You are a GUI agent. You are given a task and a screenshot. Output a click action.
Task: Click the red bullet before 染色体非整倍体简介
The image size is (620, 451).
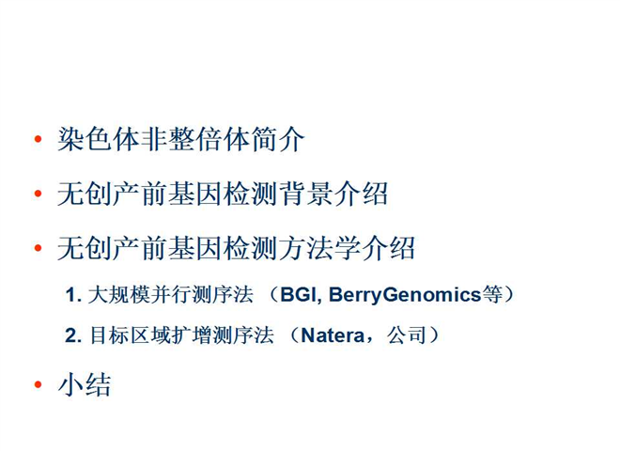tap(38, 139)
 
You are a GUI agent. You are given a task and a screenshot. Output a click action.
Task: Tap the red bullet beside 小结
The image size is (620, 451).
tap(38, 384)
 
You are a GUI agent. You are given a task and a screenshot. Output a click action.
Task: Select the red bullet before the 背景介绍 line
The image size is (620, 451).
tap(38, 194)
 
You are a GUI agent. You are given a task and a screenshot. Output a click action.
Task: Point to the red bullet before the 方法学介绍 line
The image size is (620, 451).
tap(38, 248)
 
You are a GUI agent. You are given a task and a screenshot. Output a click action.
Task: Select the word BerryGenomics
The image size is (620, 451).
tap(405, 295)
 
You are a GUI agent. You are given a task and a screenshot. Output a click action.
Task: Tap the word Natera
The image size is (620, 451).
tap(333, 335)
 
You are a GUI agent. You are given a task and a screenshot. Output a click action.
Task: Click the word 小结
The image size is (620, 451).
tap(85, 384)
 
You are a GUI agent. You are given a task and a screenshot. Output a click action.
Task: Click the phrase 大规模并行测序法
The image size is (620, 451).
tap(170, 295)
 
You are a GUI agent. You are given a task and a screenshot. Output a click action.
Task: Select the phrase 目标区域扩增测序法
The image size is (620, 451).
tap(181, 335)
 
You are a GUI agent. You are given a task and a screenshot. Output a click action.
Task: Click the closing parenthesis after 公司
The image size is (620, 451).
tap(434, 335)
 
